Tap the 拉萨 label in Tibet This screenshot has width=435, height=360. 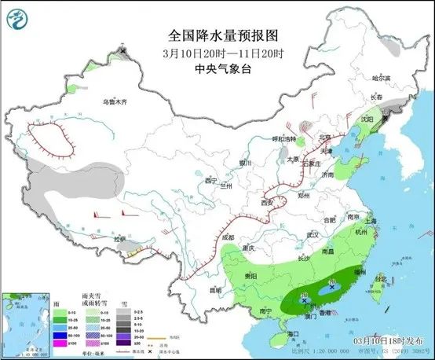pyautogui.click(x=118, y=238)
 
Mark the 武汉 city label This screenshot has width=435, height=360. pyautogui.click(x=313, y=234)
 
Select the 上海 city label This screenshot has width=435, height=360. pyautogui.click(x=373, y=221)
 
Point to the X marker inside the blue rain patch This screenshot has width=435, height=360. pyautogui.click(x=331, y=288)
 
